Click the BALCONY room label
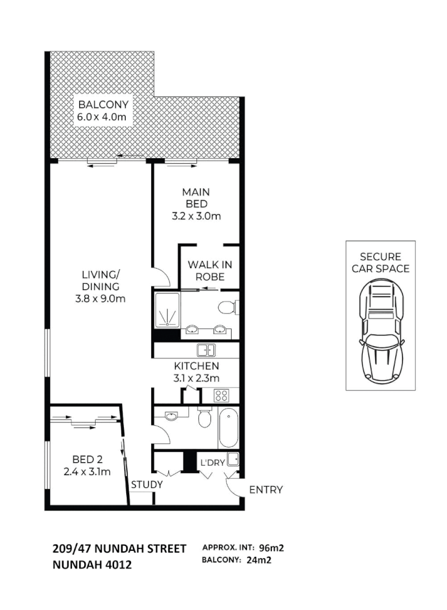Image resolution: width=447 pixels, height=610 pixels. click(x=103, y=104)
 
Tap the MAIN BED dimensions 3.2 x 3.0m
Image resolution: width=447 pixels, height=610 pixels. click(x=196, y=216)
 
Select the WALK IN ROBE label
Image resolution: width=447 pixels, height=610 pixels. click(x=210, y=271)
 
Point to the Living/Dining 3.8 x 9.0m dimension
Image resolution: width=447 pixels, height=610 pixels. click(x=100, y=299)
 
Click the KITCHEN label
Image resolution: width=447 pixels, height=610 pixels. click(x=196, y=366)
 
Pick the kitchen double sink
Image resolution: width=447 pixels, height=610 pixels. click(x=206, y=350)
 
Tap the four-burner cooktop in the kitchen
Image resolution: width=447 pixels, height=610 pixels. click(x=221, y=396)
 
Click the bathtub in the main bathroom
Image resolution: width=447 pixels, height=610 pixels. click(x=229, y=427)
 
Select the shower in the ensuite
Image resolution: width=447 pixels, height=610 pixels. click(x=168, y=310)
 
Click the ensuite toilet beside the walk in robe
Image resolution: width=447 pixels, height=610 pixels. click(x=227, y=308)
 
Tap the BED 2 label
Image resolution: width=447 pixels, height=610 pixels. click(x=87, y=459)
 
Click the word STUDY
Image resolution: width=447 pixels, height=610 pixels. click(x=146, y=485)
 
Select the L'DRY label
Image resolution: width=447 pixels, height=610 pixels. click(x=213, y=463)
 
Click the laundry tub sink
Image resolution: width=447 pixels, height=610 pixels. click(x=233, y=459)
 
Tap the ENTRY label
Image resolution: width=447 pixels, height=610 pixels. click(x=266, y=490)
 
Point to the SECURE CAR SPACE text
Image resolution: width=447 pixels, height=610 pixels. click(x=381, y=263)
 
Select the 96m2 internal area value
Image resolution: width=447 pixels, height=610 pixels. click(x=271, y=548)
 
